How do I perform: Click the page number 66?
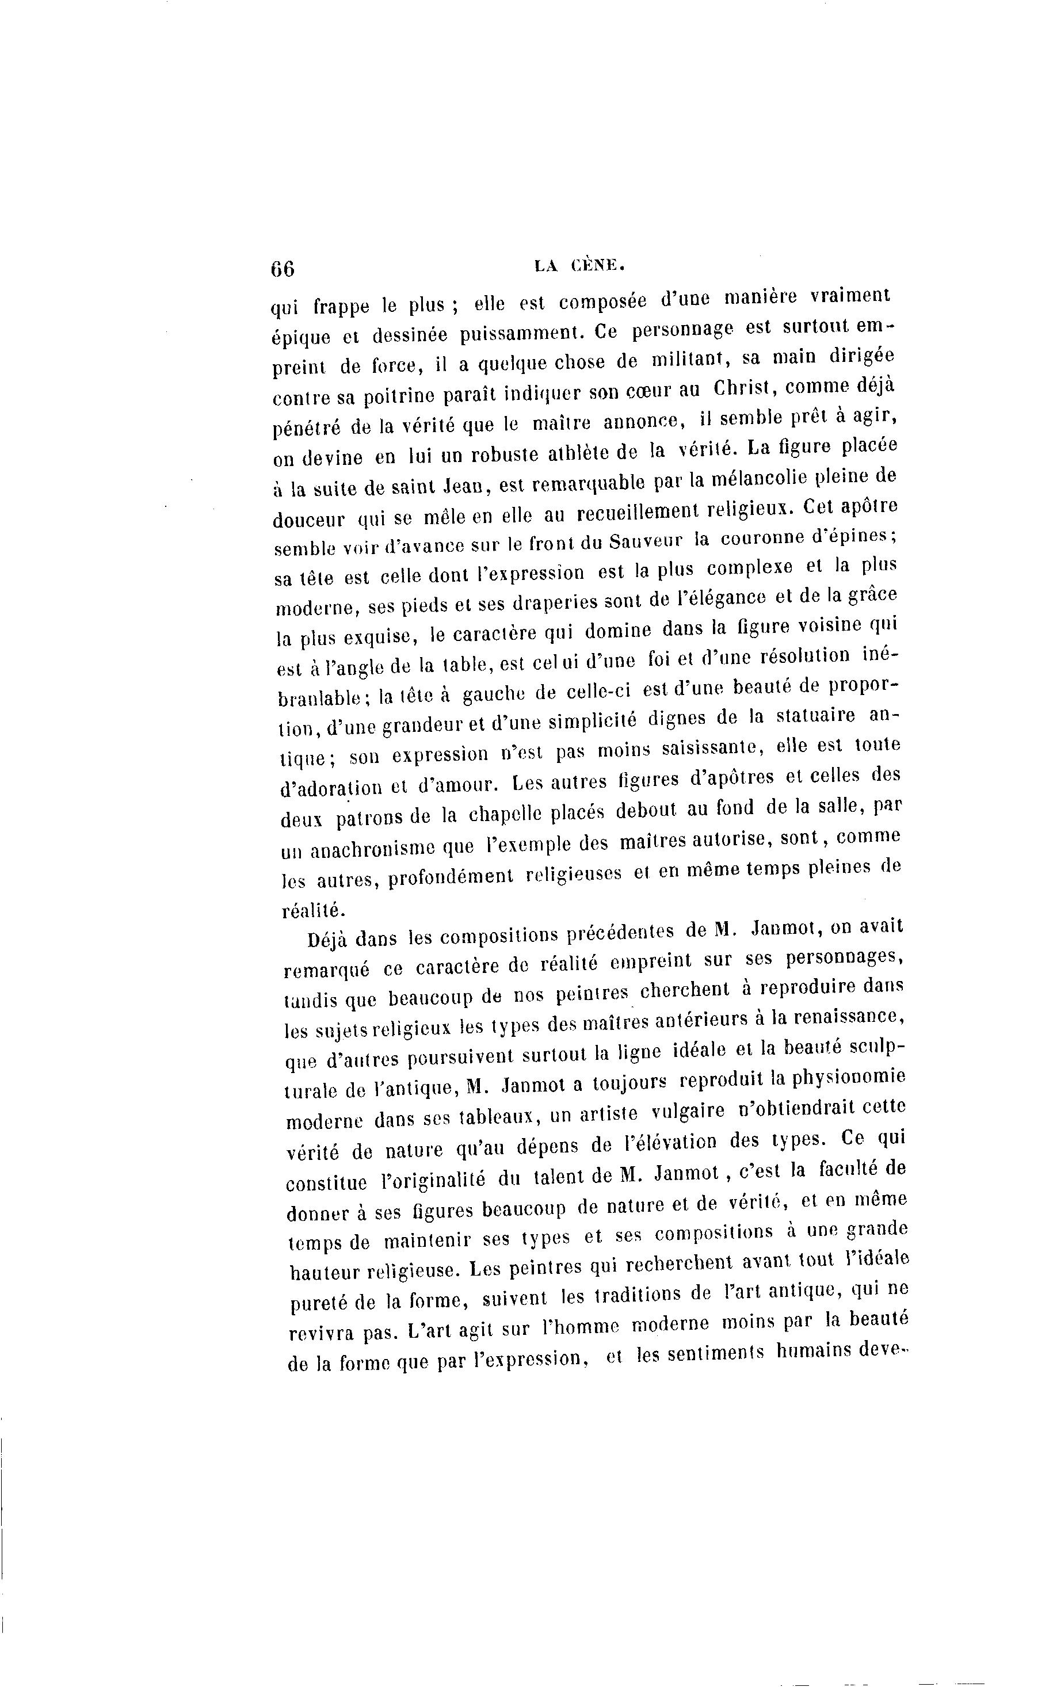[284, 269]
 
